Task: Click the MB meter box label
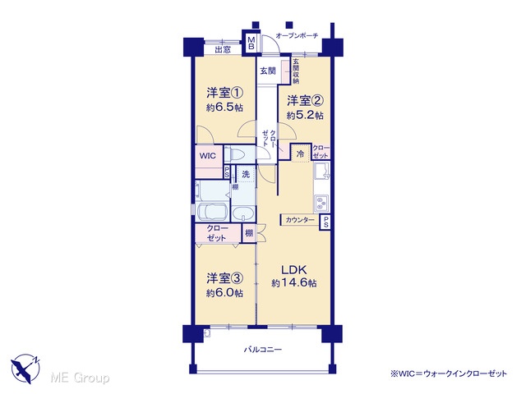click(251, 44)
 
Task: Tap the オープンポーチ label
click(297, 35)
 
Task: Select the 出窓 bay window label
click(223, 50)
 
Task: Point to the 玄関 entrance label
click(269, 71)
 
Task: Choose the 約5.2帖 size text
click(305, 116)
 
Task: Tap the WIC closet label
click(208, 156)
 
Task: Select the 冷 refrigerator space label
click(301, 153)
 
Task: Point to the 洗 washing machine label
click(246, 174)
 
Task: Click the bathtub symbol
click(212, 212)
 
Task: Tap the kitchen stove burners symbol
click(321, 204)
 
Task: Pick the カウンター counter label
click(300, 220)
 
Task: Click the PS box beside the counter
click(325, 222)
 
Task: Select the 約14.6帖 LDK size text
click(294, 283)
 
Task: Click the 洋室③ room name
click(224, 278)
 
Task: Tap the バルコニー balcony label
click(263, 350)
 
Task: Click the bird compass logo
click(25, 369)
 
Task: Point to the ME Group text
click(80, 378)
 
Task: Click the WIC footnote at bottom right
click(449, 373)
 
